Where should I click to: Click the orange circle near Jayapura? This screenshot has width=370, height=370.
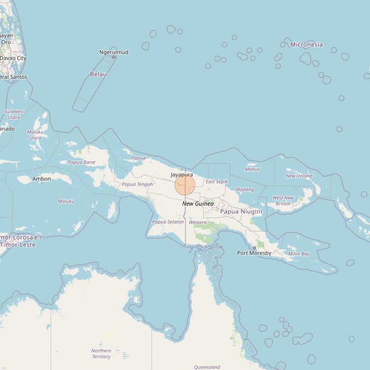click(185, 185)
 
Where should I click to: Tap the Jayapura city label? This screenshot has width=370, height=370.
click(182, 175)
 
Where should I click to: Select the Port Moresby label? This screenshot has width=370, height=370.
click(254, 253)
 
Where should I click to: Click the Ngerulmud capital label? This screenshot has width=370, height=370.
click(114, 52)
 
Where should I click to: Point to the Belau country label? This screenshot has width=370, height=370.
click(98, 74)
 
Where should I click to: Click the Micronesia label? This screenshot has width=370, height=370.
click(306, 45)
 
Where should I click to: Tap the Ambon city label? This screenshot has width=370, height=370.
click(41, 179)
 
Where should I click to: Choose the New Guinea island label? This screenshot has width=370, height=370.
click(198, 204)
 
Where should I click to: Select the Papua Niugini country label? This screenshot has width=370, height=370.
click(241, 212)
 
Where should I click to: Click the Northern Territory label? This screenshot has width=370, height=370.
click(101, 354)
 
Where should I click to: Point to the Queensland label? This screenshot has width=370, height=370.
click(207, 367)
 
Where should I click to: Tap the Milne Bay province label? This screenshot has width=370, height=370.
click(299, 254)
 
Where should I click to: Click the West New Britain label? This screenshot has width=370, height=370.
click(283, 201)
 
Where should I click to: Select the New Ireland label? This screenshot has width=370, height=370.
click(299, 176)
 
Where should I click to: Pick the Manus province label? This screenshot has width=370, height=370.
click(252, 169)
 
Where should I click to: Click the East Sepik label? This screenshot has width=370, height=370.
click(216, 182)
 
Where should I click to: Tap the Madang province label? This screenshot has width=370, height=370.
click(245, 189)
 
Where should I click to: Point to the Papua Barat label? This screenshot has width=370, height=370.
click(82, 162)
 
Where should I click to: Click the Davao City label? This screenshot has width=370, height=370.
click(13, 58)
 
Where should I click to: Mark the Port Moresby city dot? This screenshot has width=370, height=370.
click(254, 248)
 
